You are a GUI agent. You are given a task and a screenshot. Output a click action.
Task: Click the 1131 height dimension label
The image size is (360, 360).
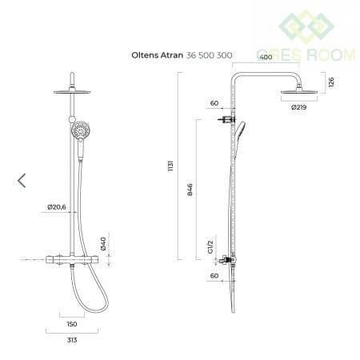[x=170, y=166]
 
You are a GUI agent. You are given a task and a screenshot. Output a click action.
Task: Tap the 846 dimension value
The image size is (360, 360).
[x=190, y=190]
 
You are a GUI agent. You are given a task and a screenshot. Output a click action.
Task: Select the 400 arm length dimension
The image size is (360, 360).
[x=266, y=58]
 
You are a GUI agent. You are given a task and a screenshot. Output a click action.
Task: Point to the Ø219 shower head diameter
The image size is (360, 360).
[x=298, y=107]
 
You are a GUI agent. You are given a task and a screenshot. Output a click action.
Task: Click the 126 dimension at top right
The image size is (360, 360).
[x=331, y=82]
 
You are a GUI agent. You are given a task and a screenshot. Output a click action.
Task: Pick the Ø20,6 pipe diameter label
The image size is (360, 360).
[x=57, y=207]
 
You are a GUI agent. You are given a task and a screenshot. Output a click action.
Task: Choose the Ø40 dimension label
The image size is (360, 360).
[x=103, y=244]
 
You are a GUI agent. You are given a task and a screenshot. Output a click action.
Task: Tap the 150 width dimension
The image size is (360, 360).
[x=72, y=324]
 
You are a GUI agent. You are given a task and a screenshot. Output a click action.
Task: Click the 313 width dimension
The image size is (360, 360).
[x=72, y=340]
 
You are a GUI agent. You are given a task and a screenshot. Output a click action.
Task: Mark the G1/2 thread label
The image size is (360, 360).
[x=210, y=246]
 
